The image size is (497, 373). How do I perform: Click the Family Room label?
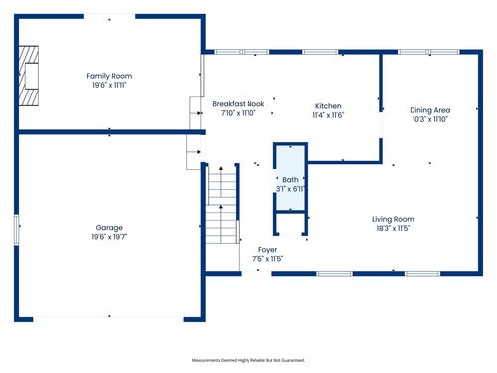pyautogui.click(x=109, y=76)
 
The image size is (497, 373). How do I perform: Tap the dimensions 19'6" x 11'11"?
pyautogui.click(x=109, y=85)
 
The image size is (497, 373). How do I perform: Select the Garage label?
pyautogui.click(x=109, y=228)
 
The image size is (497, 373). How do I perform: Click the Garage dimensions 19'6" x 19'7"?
pyautogui.click(x=109, y=238)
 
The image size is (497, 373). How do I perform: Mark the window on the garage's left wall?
pyautogui.click(x=17, y=230)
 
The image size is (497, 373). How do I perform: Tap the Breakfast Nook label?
pyautogui.click(x=238, y=104)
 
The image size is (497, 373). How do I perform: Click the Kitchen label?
pyautogui.click(x=328, y=106)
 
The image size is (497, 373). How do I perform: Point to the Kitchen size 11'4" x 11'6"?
pyautogui.click(x=328, y=116)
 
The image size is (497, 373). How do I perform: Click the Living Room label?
pyautogui.click(x=393, y=219)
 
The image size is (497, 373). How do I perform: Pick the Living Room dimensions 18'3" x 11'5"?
pyautogui.click(x=393, y=229)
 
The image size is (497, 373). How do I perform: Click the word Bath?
pyautogui.click(x=290, y=179)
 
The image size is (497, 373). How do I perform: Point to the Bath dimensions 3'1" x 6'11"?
pyautogui.click(x=290, y=189)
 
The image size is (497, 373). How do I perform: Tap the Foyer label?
pyautogui.click(x=268, y=249)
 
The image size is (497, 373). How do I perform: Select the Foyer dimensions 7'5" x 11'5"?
pyautogui.click(x=268, y=259)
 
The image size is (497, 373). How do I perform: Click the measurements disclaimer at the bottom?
pyautogui.click(x=248, y=360)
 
